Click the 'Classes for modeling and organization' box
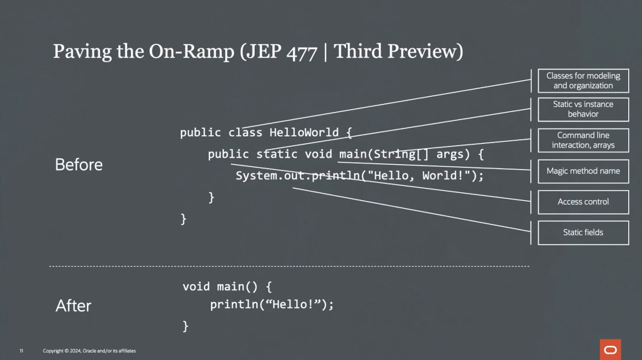(583, 81)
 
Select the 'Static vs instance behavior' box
(583, 109)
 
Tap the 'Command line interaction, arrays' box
(583, 140)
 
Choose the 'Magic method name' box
(583, 171)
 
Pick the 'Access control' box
(583, 202)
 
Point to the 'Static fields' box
(583, 232)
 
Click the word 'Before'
(79, 165)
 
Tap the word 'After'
(73, 306)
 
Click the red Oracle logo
(610, 349)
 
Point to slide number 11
(21, 351)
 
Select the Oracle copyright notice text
(89, 351)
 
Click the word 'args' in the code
(450, 155)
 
